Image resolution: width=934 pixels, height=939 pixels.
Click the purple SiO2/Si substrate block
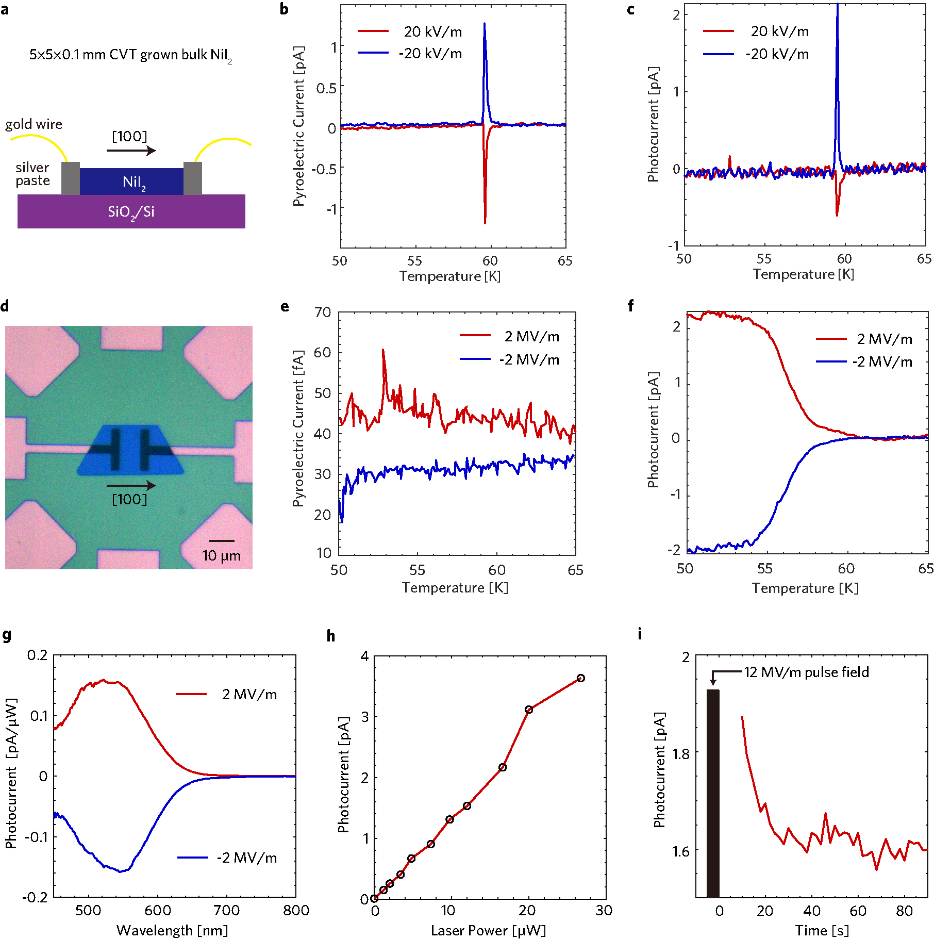pos(131,211)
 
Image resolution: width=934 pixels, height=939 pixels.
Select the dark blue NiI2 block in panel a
pos(131,182)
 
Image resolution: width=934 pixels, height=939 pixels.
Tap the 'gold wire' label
pos(34,124)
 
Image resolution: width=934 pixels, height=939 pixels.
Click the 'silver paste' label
pos(32,174)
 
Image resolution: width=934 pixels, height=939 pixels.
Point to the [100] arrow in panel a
pos(131,150)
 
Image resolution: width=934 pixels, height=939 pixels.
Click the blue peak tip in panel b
pos(485,24)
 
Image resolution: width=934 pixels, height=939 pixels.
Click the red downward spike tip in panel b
pos(485,223)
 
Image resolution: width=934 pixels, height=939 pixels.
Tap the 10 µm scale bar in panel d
pos(222,541)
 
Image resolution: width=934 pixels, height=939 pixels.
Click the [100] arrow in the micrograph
pos(131,485)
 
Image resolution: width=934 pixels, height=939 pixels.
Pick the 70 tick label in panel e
pos(323,312)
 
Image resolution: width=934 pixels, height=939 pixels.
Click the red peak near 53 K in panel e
pos(383,350)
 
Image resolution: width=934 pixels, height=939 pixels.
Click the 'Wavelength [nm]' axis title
pos(172,930)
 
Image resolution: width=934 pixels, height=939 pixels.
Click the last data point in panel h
pos(581,678)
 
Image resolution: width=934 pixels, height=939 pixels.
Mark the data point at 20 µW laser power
pos(529,710)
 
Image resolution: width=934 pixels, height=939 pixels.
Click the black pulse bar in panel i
pos(713,794)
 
